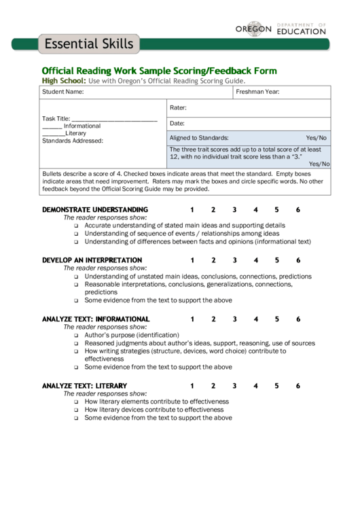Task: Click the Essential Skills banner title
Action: pyautogui.click(x=89, y=45)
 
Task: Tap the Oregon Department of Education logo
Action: pyautogui.click(x=281, y=29)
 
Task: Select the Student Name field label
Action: pyautogui.click(x=63, y=92)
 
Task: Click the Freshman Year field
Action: pyautogui.click(x=282, y=92)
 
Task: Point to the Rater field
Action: pyautogui.click(x=249, y=107)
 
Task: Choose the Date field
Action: pyautogui.click(x=249, y=123)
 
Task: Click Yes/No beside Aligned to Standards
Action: pyautogui.click(x=316, y=137)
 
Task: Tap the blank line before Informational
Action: pyautogui.click(x=52, y=126)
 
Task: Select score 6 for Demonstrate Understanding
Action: pyautogui.click(x=298, y=209)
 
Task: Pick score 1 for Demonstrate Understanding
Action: pyautogui.click(x=192, y=209)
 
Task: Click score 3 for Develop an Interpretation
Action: pyautogui.click(x=234, y=260)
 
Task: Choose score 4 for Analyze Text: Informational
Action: pyautogui.click(x=256, y=319)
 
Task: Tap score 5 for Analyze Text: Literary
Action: pyautogui.click(x=277, y=386)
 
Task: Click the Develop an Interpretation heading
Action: pyautogui.click(x=92, y=260)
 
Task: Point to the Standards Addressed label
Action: pyautogui.click(x=73, y=141)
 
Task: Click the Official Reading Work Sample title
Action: pyautogui.click(x=159, y=71)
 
